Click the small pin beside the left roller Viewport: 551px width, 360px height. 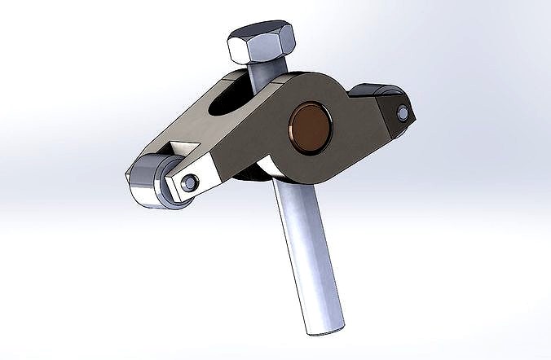191,183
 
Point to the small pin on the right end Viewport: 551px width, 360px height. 401,113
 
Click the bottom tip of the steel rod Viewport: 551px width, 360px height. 324,328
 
